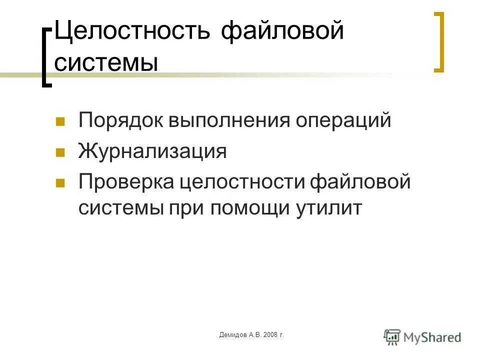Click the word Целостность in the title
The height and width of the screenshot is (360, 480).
pyautogui.click(x=132, y=32)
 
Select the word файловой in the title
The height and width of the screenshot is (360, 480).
pyautogui.click(x=282, y=32)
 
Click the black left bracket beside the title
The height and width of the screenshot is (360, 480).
pyautogui.click(x=47, y=57)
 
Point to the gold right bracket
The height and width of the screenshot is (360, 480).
pyautogui.click(x=439, y=42)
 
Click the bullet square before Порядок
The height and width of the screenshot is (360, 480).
pyautogui.click(x=60, y=122)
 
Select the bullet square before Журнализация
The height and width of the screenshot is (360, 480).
pyautogui.click(x=60, y=152)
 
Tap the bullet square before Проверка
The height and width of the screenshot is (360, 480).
pyautogui.click(x=60, y=182)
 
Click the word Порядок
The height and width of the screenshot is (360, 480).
pyautogui.click(x=123, y=121)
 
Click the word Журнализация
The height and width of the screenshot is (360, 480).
pyautogui.click(x=152, y=151)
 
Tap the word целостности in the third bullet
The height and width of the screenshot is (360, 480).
pyautogui.click(x=242, y=181)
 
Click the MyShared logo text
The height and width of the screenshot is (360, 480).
pyautogui.click(x=433, y=337)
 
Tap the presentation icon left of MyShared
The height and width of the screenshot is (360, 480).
pyautogui.click(x=392, y=336)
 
